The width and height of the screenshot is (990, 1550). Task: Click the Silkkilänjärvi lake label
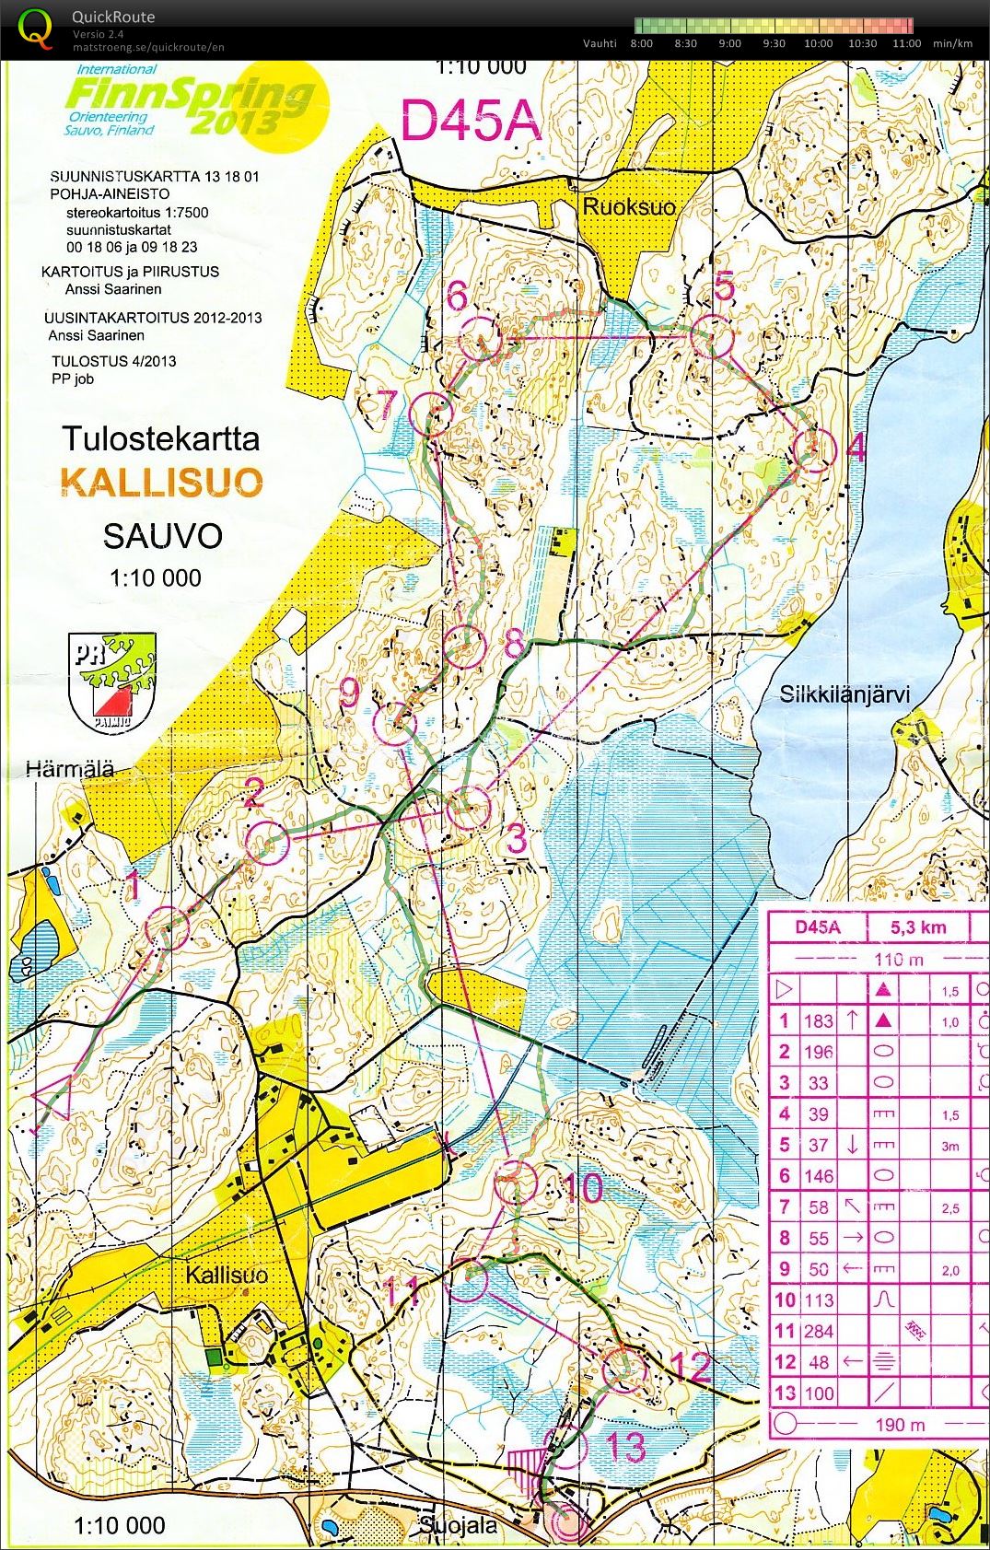click(x=844, y=693)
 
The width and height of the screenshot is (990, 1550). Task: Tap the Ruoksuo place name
click(x=629, y=206)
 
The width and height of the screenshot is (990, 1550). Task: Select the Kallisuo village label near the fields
click(x=227, y=1275)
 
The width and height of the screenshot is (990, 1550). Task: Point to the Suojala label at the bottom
click(x=458, y=1524)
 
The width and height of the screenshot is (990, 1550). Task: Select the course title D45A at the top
click(x=470, y=121)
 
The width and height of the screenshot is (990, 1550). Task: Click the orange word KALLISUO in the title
click(x=161, y=482)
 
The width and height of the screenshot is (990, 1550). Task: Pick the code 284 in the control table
click(x=818, y=1331)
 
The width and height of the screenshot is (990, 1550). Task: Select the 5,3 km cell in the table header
click(x=918, y=927)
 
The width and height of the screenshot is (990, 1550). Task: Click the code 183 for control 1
click(x=818, y=1020)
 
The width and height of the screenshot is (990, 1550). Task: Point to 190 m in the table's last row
click(x=900, y=1425)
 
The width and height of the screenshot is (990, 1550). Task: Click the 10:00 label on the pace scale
click(x=818, y=43)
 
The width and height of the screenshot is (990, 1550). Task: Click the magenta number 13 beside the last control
click(x=626, y=1448)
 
